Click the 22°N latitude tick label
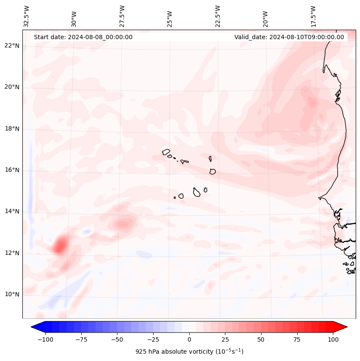point(12,46)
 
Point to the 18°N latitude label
point(12,129)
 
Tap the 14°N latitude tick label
point(12,211)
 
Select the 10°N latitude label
point(12,294)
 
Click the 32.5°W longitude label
point(27,16)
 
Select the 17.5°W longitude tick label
point(314,16)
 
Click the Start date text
point(83,37)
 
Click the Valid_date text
point(289,37)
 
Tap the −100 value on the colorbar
point(45,339)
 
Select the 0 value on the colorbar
point(189,339)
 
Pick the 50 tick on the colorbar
point(261,339)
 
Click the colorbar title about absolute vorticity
point(189,352)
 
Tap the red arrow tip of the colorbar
point(343,327)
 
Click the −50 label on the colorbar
point(117,339)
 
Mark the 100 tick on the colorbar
point(333,339)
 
